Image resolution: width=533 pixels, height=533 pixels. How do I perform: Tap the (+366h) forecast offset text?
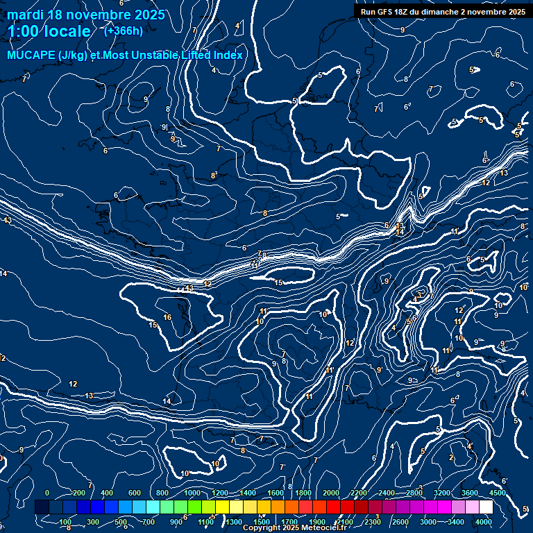pyautogui.click(x=123, y=31)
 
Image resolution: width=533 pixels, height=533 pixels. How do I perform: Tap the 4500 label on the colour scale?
pyautogui.click(x=496, y=493)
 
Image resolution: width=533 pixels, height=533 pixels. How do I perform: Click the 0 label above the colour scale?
pyautogui.click(x=47, y=493)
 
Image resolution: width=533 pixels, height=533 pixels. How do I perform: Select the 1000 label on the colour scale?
pyautogui.click(x=192, y=493)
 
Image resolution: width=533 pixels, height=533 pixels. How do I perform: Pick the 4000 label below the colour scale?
pyautogui.click(x=484, y=522)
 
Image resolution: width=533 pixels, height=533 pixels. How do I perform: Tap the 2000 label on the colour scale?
pyautogui.click(x=331, y=493)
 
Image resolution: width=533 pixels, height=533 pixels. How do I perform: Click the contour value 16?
pyautogui.click(x=167, y=317)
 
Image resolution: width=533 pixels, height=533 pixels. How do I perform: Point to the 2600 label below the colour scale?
pyautogui.click(x=400, y=522)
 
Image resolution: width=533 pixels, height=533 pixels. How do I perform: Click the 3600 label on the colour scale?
pyautogui.click(x=470, y=493)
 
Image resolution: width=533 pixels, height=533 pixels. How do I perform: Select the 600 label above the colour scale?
pyautogui.click(x=135, y=493)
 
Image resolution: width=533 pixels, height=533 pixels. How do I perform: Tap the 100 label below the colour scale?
pyautogui.click(x=66, y=522)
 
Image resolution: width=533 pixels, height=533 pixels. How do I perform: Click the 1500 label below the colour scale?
pyautogui.click(x=262, y=522)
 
